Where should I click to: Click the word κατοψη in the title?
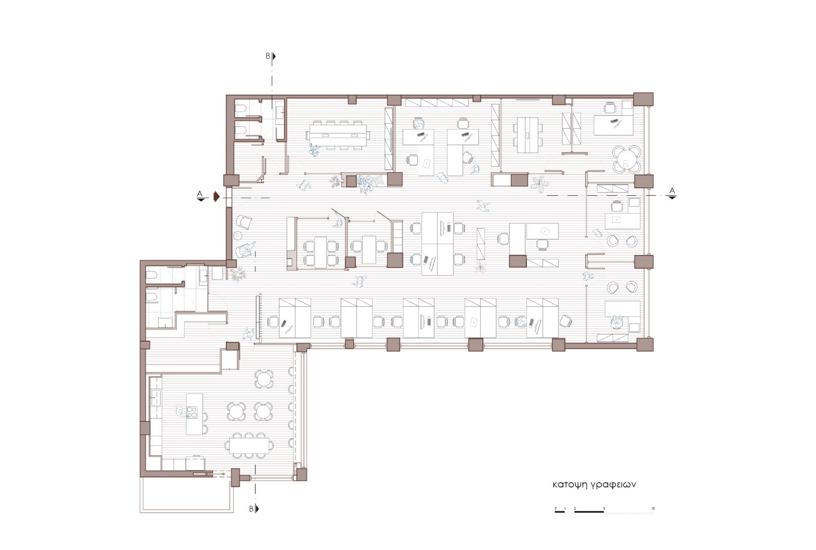[x=569, y=485]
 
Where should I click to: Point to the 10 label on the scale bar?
[x=653, y=508]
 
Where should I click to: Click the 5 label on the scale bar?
[x=604, y=508]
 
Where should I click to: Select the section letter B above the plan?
[x=268, y=56]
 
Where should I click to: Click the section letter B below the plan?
[x=251, y=509]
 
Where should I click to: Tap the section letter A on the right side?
[x=672, y=191]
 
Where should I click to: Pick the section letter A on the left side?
[x=199, y=194]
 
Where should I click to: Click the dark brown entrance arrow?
[x=216, y=197]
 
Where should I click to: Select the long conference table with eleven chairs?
[x=338, y=135]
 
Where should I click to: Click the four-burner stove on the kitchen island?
[x=192, y=411]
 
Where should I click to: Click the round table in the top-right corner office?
[x=626, y=159]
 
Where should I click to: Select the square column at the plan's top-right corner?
[x=643, y=99]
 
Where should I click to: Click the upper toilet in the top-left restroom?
[x=241, y=109]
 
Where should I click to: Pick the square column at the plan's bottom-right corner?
[x=645, y=344]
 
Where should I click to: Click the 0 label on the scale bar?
[x=556, y=508]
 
